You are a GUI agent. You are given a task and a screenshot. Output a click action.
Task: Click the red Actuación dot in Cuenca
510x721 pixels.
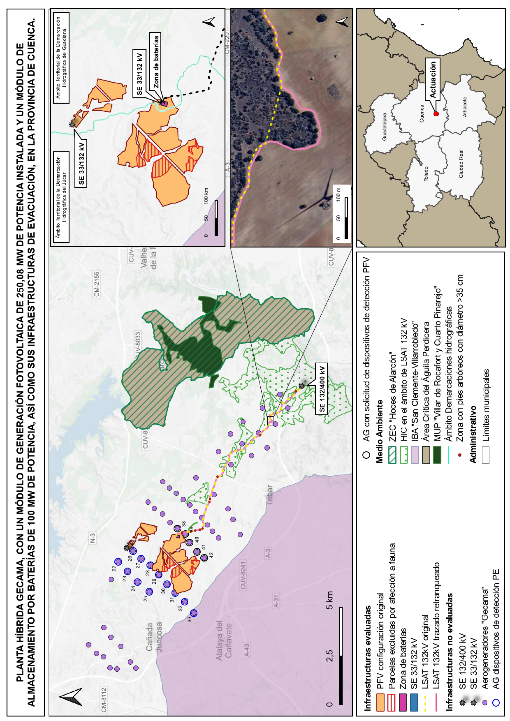click(x=436, y=114)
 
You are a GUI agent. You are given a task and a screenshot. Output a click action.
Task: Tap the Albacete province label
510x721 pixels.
click(x=465, y=107)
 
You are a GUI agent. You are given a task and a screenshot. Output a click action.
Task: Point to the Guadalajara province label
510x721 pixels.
click(x=385, y=126)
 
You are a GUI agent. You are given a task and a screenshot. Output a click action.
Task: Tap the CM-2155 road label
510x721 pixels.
click(x=97, y=284)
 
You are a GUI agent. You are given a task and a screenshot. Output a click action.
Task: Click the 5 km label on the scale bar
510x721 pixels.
click(x=329, y=600)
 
